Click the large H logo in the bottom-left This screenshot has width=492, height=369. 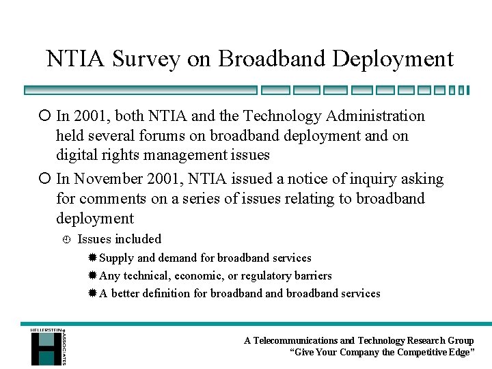click(x=45, y=347)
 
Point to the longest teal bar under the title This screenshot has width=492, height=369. click(x=140, y=90)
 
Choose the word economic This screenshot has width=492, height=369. click(x=198, y=276)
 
